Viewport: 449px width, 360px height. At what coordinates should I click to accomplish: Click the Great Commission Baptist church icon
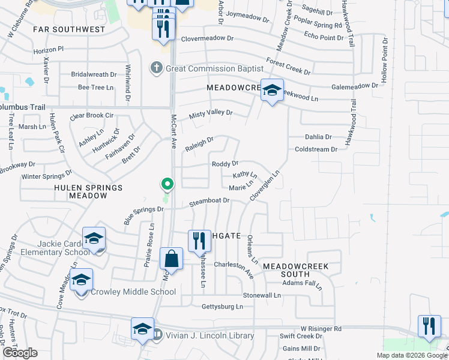(x=156, y=68)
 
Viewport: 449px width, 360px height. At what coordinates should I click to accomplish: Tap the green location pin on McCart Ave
(x=168, y=184)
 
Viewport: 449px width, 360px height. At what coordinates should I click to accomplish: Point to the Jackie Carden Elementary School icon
(x=94, y=238)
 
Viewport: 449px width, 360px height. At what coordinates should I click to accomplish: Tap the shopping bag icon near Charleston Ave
(x=172, y=259)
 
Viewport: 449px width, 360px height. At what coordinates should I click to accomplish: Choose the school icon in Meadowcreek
(x=272, y=91)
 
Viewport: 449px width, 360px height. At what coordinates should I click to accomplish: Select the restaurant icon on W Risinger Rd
(x=429, y=326)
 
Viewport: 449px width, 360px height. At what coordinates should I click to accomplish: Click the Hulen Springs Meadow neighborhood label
(x=88, y=191)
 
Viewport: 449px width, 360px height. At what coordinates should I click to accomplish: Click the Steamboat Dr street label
(x=210, y=200)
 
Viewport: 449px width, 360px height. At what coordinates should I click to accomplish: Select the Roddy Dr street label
(x=225, y=163)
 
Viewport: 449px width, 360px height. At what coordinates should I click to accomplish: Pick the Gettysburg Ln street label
(x=222, y=307)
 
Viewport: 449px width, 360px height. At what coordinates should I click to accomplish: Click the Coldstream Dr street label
(x=312, y=149)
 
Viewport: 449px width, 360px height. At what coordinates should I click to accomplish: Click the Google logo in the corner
(x=20, y=353)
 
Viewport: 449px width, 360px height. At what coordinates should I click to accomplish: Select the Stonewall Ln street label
(x=262, y=295)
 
